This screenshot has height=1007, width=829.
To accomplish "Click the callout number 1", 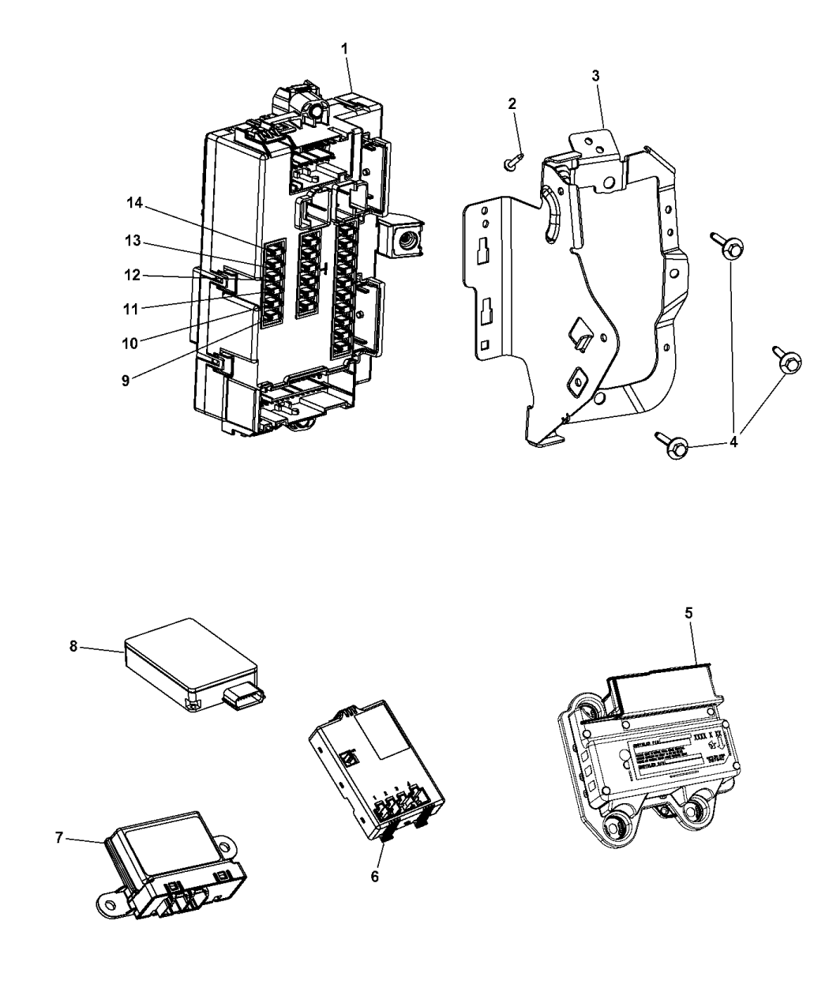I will click(x=344, y=49).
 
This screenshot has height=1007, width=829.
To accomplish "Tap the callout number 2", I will click(x=512, y=103).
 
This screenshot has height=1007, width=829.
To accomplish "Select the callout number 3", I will click(x=596, y=76).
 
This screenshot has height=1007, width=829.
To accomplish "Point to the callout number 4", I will click(x=733, y=442).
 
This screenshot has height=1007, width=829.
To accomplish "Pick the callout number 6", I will click(x=375, y=876).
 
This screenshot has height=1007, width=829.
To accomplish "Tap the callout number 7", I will click(x=59, y=838).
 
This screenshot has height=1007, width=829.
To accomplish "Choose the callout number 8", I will click(x=73, y=645).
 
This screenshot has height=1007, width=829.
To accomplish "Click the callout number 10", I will click(x=129, y=343).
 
